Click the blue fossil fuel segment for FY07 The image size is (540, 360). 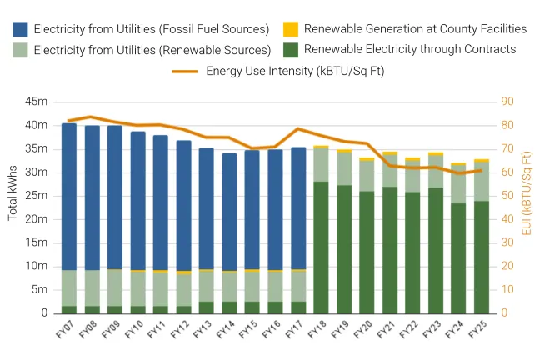tap(69, 197)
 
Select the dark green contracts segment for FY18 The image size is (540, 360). tap(321, 247)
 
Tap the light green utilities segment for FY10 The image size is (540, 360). tap(137, 288)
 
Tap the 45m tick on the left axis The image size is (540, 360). tap(37, 102)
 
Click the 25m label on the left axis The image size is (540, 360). tap(37, 196)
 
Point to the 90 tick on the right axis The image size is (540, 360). tap(507, 102)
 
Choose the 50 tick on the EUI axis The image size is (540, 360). tap(507, 196)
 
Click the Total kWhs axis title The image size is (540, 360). tap(13, 207)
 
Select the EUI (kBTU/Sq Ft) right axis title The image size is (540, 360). tap(526, 192)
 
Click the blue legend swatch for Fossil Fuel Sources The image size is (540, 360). tap(20, 29)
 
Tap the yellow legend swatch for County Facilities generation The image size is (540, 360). tap(291, 29)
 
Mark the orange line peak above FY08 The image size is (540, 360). tap(92, 117)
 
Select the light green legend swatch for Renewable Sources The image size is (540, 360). tap(20, 50)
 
